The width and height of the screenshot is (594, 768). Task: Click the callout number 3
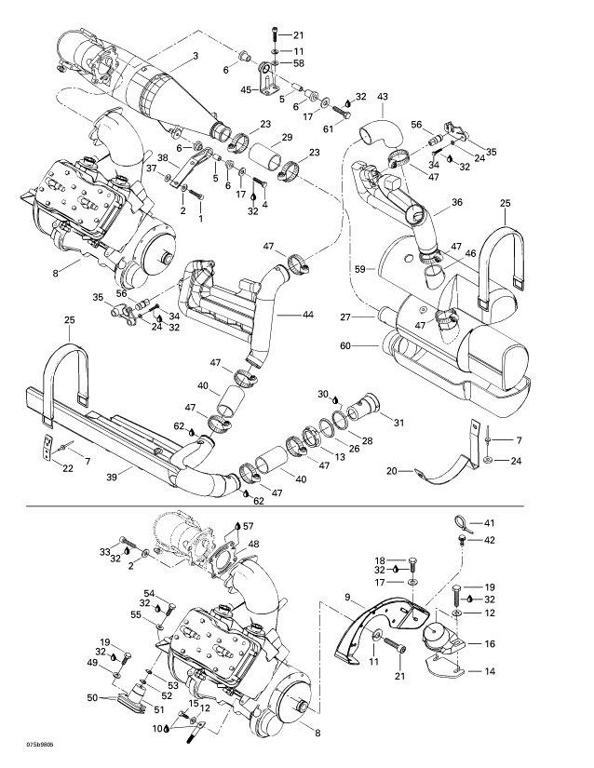[196, 56]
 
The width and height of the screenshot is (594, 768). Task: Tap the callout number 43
[383, 97]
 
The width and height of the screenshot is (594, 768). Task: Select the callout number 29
[287, 137]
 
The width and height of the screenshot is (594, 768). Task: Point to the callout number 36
[457, 202]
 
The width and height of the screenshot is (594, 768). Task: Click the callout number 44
[307, 315]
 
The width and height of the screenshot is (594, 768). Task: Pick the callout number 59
[360, 269]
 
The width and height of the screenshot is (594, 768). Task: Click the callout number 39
[112, 477]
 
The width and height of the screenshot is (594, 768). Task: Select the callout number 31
[399, 422]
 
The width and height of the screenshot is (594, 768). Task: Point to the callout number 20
[392, 471]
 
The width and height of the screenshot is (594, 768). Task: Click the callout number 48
[253, 544]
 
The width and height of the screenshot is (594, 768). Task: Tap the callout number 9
[347, 597]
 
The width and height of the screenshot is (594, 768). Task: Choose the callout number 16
[490, 644]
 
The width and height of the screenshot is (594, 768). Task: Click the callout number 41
[490, 523]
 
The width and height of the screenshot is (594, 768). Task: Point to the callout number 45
[247, 89]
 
